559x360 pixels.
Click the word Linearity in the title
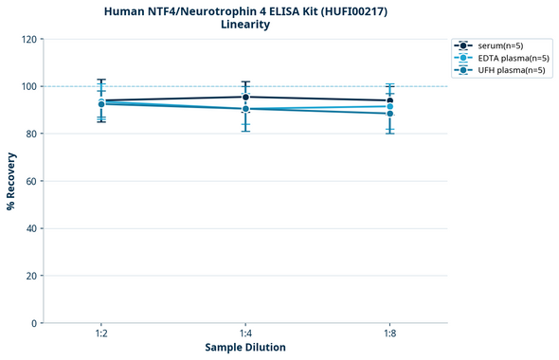244,25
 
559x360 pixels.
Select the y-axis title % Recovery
11,180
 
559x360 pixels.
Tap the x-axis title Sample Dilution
244,348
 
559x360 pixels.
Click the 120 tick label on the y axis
29,39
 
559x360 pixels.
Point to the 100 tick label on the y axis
29,86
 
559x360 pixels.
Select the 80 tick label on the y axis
32,134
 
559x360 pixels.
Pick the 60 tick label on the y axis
32,181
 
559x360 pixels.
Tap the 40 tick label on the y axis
32,228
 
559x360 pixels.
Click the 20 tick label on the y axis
32,276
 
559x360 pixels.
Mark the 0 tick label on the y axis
35,323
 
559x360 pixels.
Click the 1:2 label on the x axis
101,334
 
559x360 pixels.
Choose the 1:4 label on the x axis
245,334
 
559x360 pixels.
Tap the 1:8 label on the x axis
389,334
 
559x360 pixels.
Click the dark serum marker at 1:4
245,97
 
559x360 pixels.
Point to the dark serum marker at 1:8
389,100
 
